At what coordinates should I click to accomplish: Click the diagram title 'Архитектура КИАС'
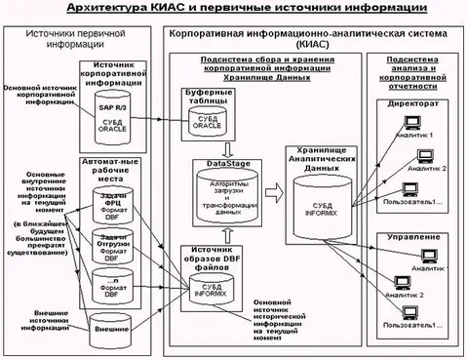(x=234, y=9)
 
